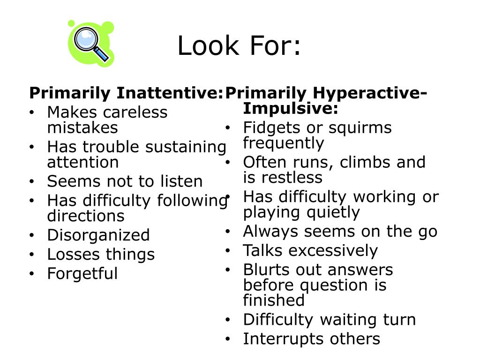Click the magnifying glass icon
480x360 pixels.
(91, 44)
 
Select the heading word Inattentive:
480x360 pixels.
(169, 93)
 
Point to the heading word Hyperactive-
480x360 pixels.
(371, 93)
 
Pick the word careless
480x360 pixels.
(135, 112)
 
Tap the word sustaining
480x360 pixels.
(185, 147)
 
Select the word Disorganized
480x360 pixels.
(98, 235)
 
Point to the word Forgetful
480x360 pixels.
(82, 273)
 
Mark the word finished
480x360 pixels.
(274, 300)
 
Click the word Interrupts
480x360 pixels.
(276, 339)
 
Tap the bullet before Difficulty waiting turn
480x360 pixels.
(227, 320)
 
